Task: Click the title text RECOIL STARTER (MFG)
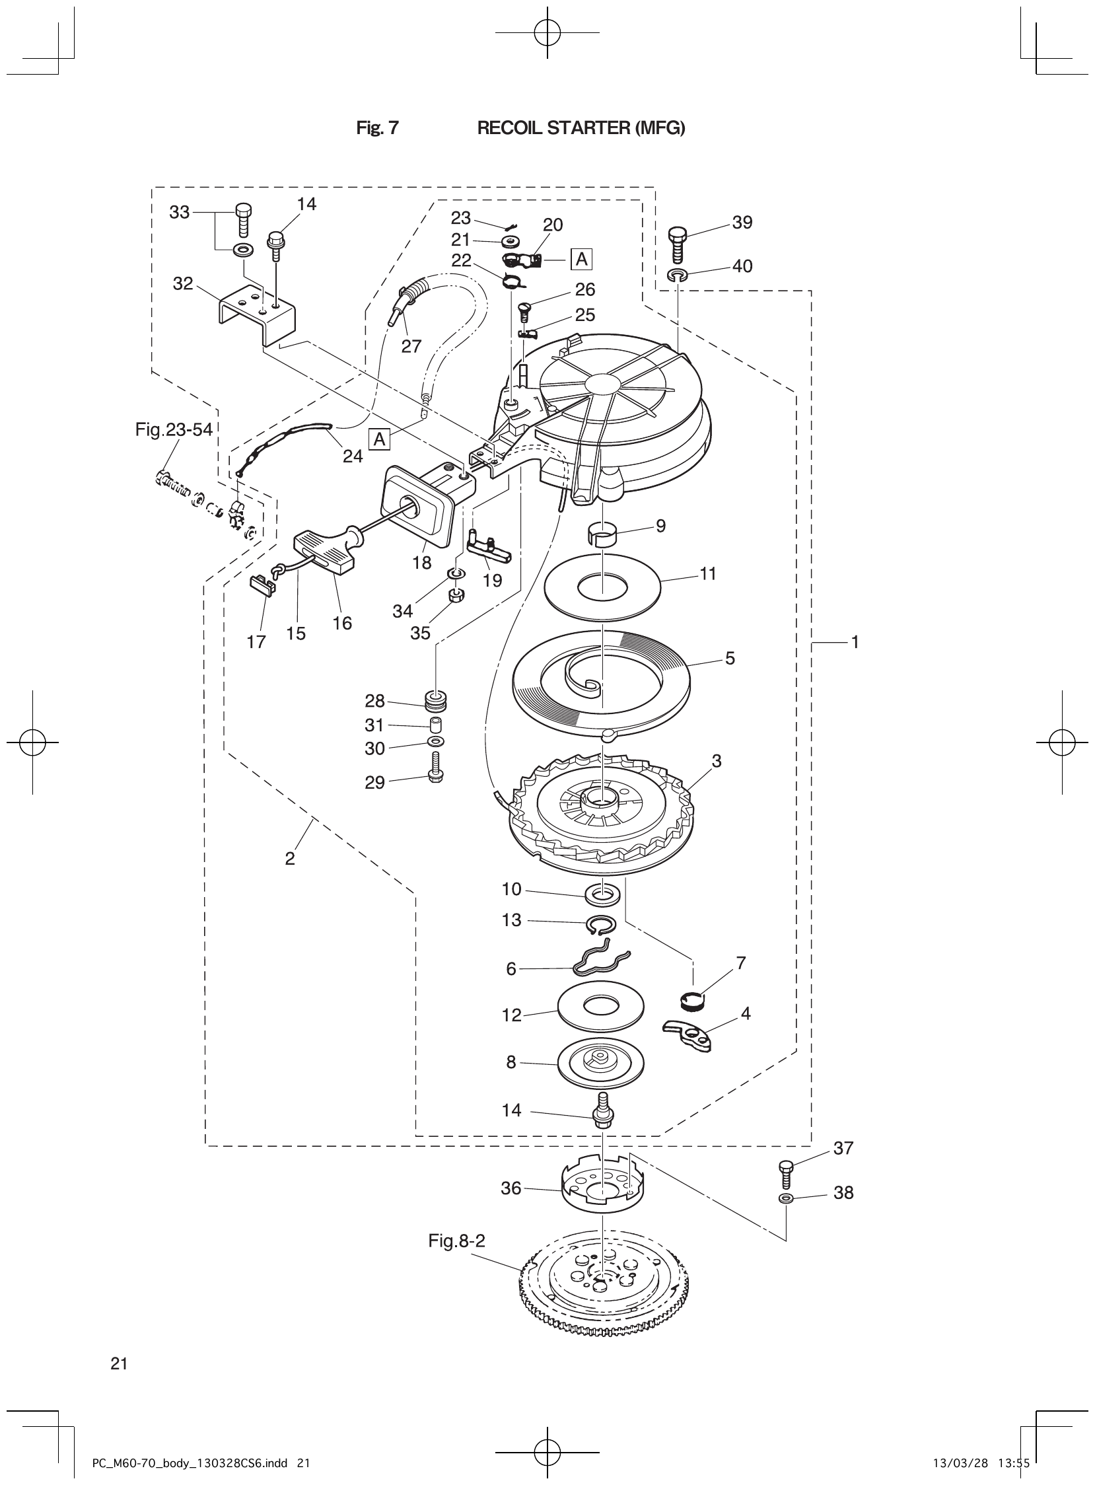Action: [581, 128]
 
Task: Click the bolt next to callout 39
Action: [678, 244]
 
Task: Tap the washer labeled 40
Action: [678, 275]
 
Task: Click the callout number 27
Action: [411, 346]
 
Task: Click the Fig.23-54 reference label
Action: [174, 429]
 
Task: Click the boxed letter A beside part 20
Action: [581, 259]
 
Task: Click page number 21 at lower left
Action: [119, 1363]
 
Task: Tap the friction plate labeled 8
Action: [600, 1064]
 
